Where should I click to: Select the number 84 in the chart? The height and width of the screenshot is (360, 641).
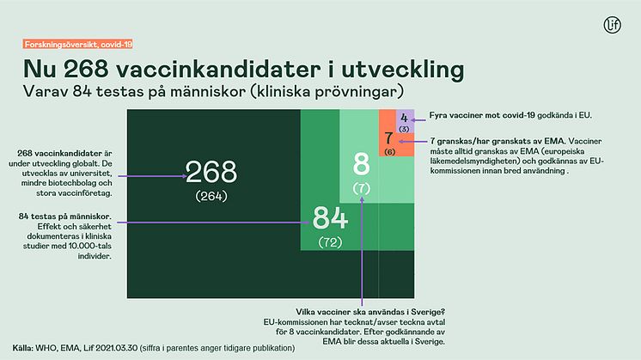330,217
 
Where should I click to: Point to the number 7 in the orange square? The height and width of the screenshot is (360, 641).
388,138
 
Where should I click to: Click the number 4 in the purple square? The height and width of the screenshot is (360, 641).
404,119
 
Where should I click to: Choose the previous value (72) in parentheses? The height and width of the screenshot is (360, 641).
330,241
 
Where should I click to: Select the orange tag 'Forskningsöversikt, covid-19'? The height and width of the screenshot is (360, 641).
70,44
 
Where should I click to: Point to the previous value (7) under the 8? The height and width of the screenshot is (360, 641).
362,186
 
